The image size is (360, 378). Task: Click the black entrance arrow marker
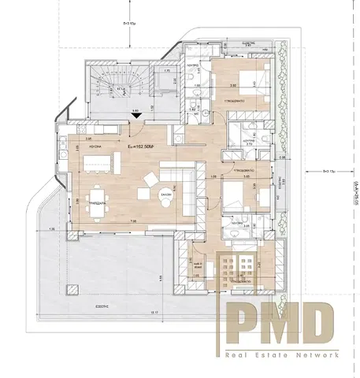[139, 116]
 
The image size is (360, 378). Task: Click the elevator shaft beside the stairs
[167, 80]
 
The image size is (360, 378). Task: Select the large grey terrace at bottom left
[118, 268]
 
